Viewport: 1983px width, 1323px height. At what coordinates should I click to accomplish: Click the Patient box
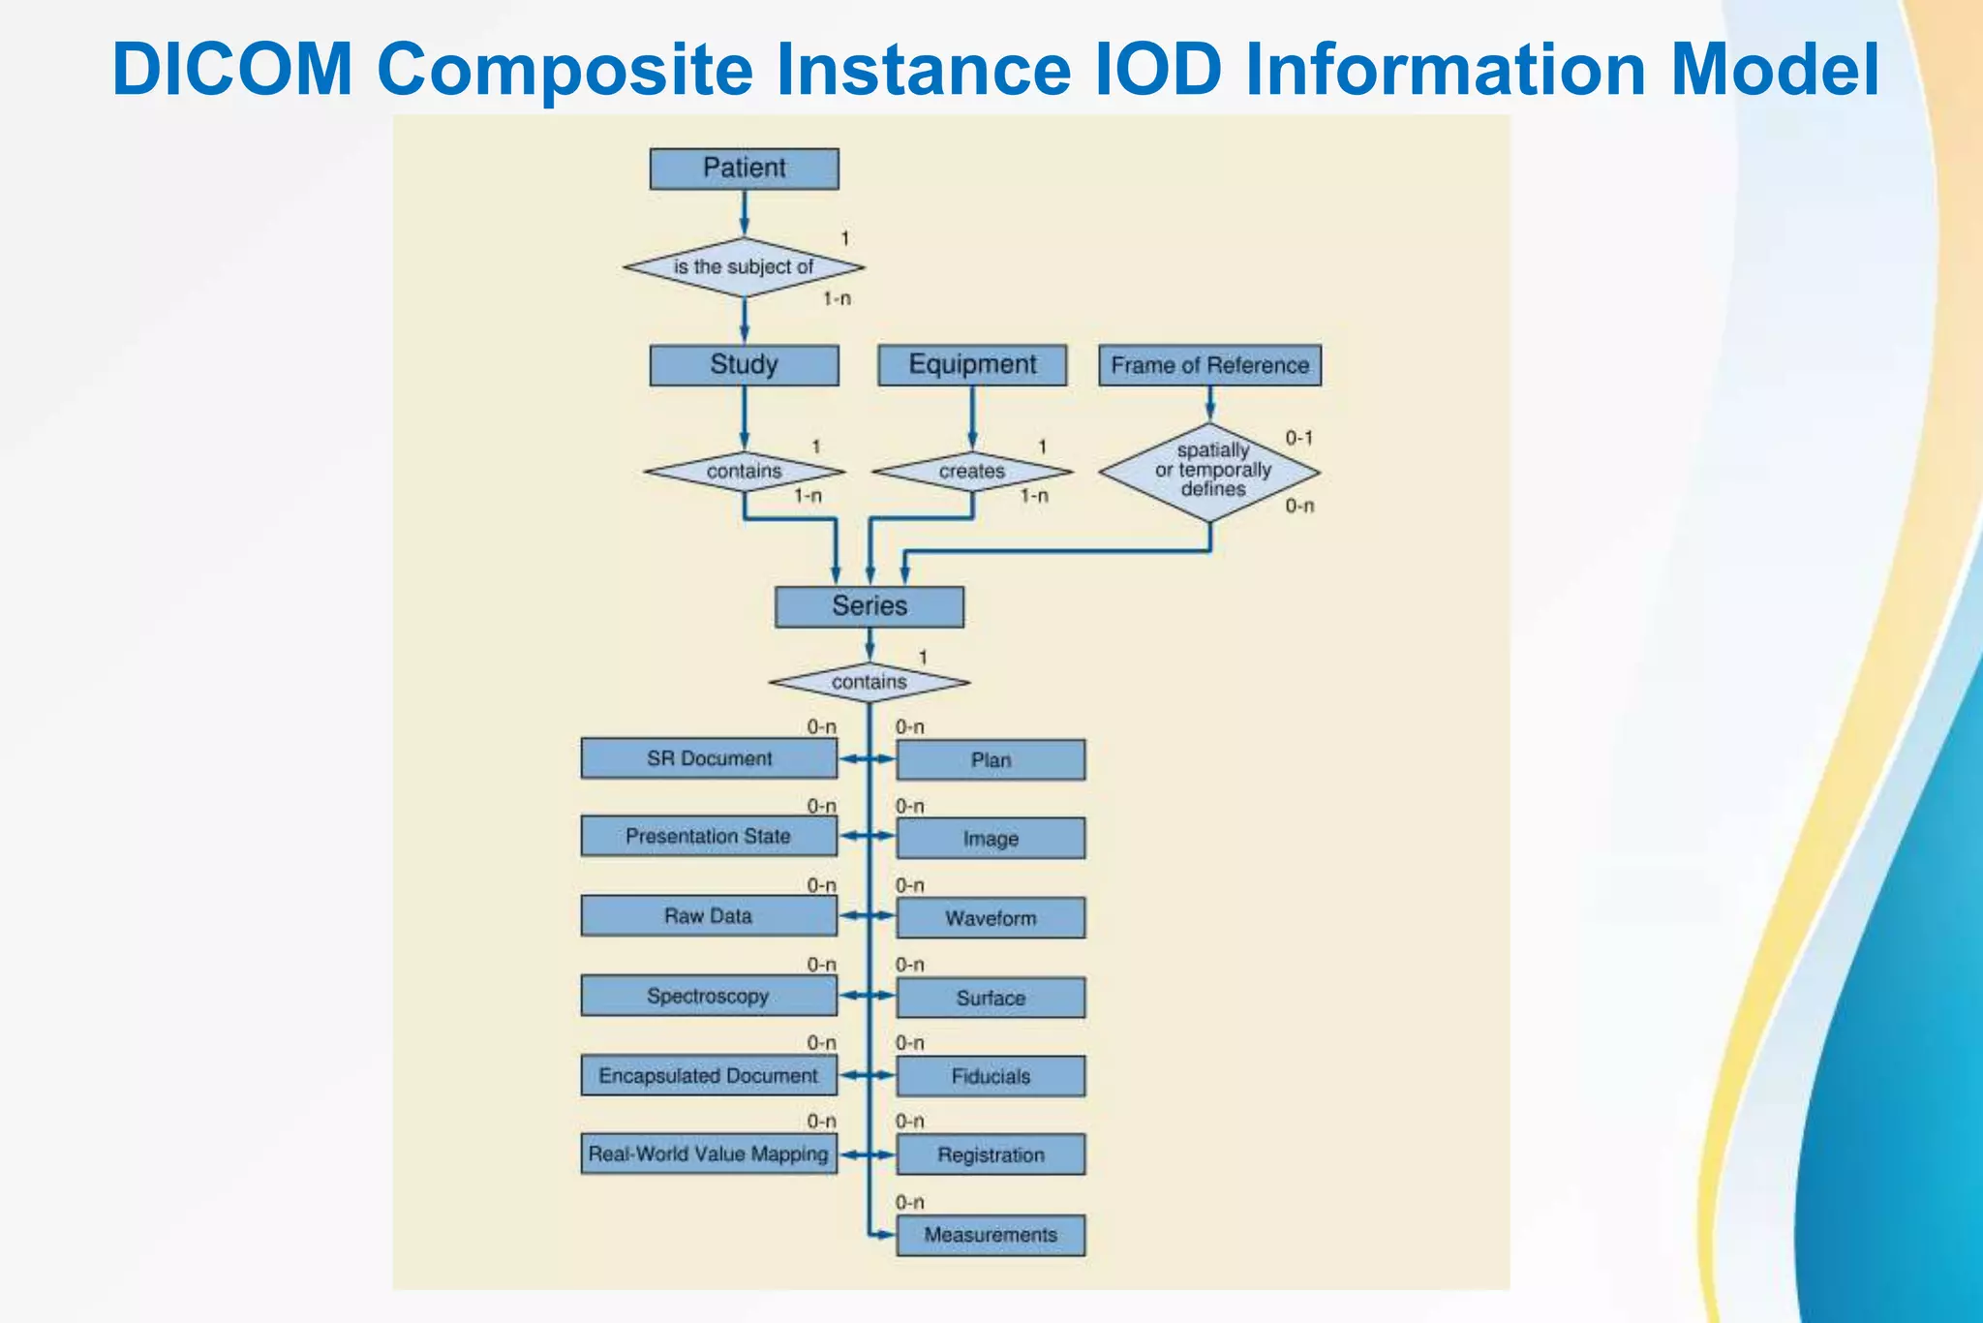click(744, 169)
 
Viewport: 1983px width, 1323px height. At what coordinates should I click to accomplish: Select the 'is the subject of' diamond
click(744, 267)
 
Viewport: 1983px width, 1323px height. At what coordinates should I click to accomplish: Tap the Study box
click(744, 365)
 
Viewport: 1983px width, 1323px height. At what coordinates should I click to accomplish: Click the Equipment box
click(972, 365)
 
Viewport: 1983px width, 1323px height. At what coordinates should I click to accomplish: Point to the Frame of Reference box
click(1209, 365)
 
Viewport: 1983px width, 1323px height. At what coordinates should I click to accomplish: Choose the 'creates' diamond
click(972, 472)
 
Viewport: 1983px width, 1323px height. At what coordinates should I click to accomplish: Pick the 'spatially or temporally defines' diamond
click(1210, 472)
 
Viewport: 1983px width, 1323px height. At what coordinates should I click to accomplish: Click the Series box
click(869, 606)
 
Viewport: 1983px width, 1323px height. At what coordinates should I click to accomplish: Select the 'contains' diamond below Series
click(869, 682)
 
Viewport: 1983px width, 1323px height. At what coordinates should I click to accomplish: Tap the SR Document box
click(709, 758)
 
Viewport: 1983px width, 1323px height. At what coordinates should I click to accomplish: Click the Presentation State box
click(709, 836)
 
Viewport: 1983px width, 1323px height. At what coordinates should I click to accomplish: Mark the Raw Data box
click(709, 915)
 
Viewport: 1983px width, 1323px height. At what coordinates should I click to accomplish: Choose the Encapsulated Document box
click(709, 1075)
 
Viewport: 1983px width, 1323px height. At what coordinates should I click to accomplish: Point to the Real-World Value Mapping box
click(709, 1154)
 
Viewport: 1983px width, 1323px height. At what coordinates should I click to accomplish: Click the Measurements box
click(991, 1235)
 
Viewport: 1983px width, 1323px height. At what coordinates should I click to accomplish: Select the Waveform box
click(991, 917)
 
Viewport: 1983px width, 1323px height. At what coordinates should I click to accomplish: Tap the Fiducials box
click(991, 1076)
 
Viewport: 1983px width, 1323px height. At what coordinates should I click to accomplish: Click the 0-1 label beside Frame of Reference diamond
click(1298, 438)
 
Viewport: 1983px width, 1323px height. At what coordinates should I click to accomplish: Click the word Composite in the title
click(564, 70)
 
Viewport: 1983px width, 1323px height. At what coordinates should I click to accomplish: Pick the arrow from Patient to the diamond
click(744, 213)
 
